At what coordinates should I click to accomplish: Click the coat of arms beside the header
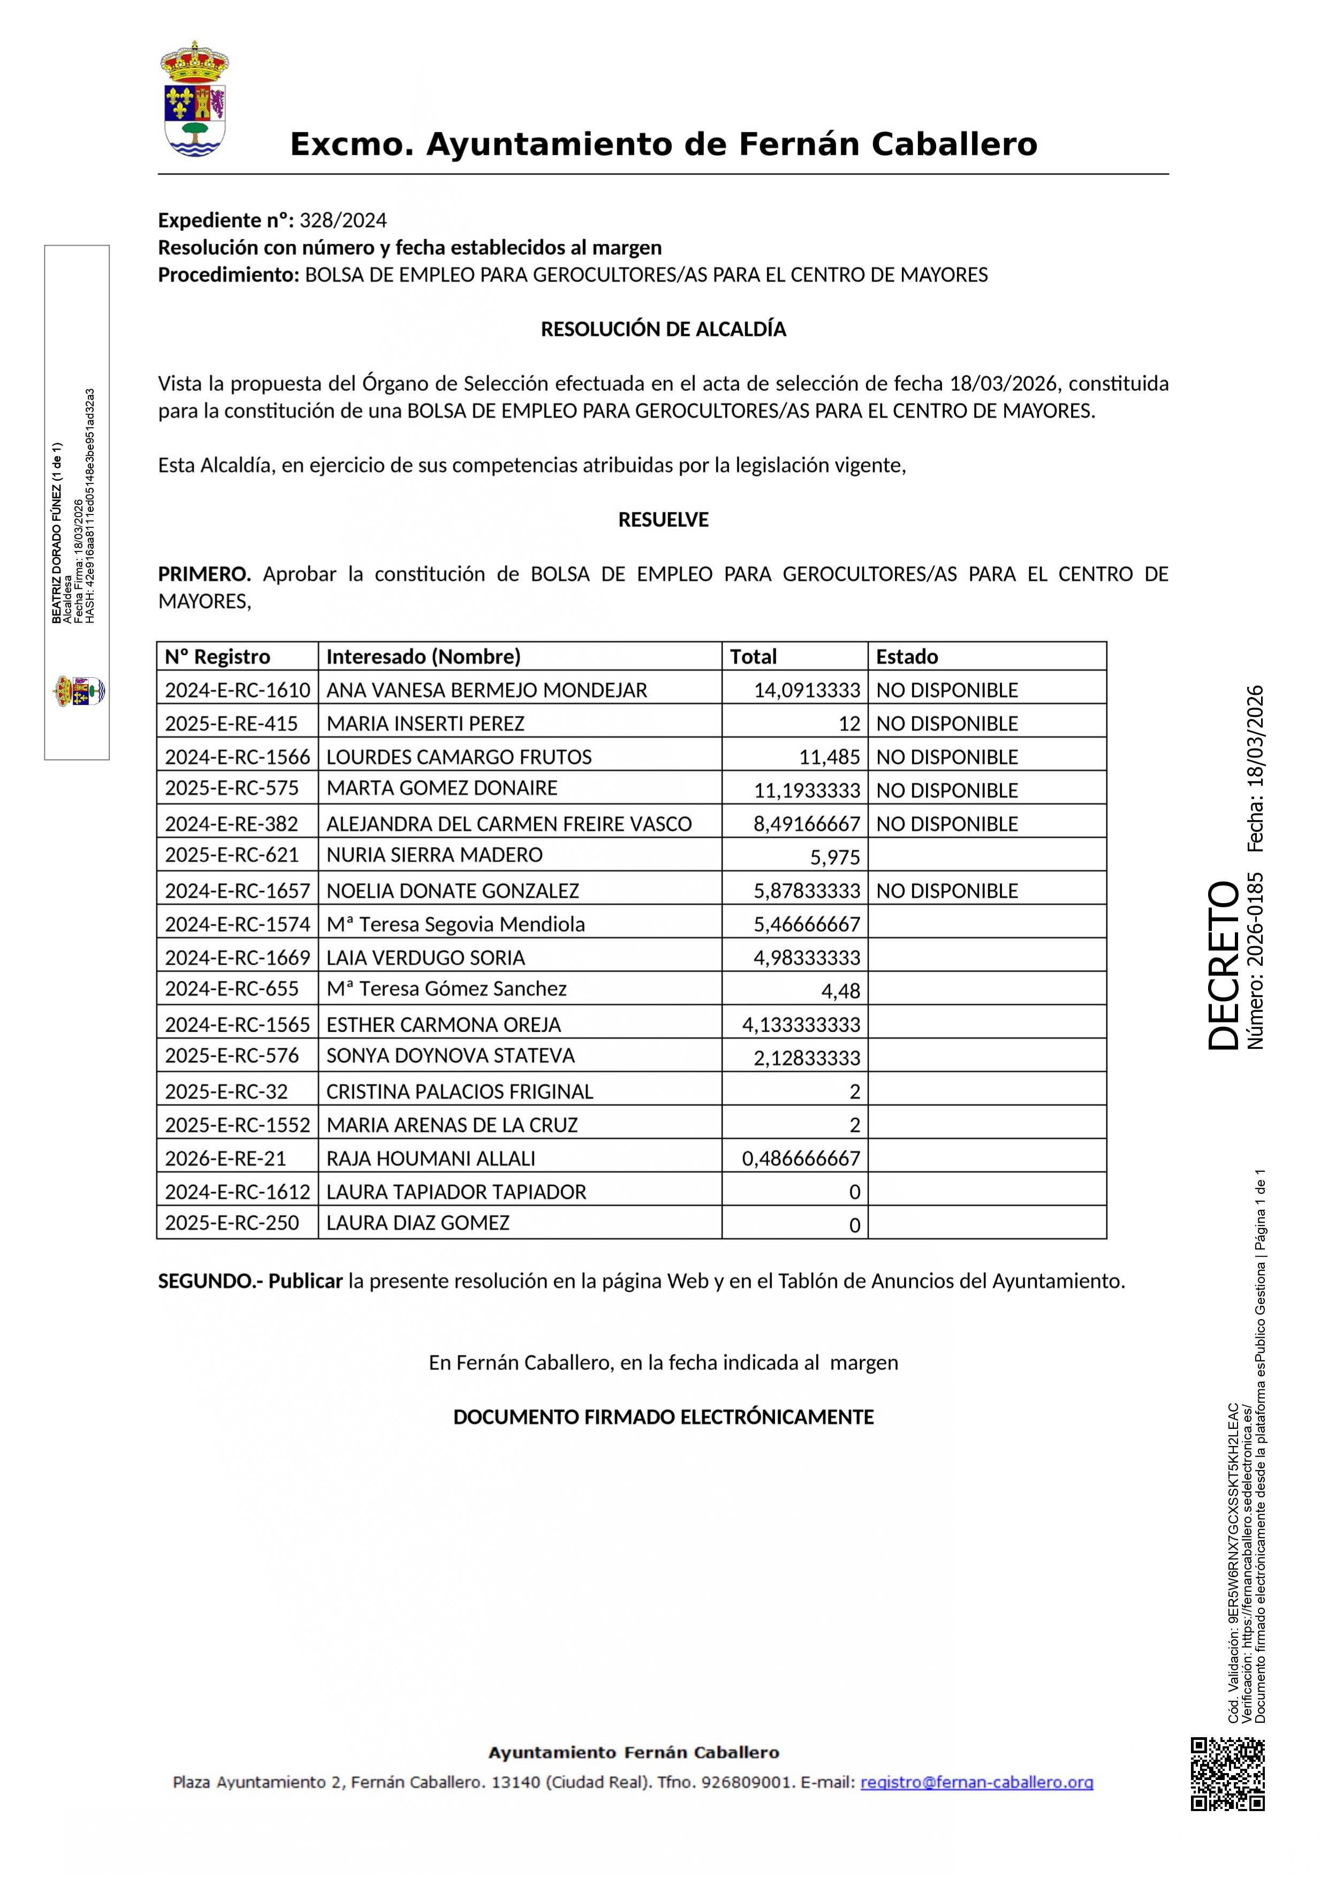coord(195,99)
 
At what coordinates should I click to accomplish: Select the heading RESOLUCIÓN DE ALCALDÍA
coord(663,330)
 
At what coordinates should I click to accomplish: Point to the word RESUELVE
coord(663,520)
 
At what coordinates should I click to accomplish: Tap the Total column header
coord(753,657)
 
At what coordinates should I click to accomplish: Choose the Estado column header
coord(907,657)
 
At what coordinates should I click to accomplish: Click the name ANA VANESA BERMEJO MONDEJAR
coord(487,691)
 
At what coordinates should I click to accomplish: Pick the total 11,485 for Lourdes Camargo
coord(829,758)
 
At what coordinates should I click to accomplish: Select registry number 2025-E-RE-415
coord(231,724)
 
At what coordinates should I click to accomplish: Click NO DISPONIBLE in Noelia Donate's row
coord(947,891)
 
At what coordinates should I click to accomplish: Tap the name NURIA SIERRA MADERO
coord(434,855)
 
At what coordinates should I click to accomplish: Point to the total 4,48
coord(840,991)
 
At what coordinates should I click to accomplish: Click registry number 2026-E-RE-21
coord(226,1159)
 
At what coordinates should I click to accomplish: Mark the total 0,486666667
coord(801,1159)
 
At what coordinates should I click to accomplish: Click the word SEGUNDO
coord(206,1281)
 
